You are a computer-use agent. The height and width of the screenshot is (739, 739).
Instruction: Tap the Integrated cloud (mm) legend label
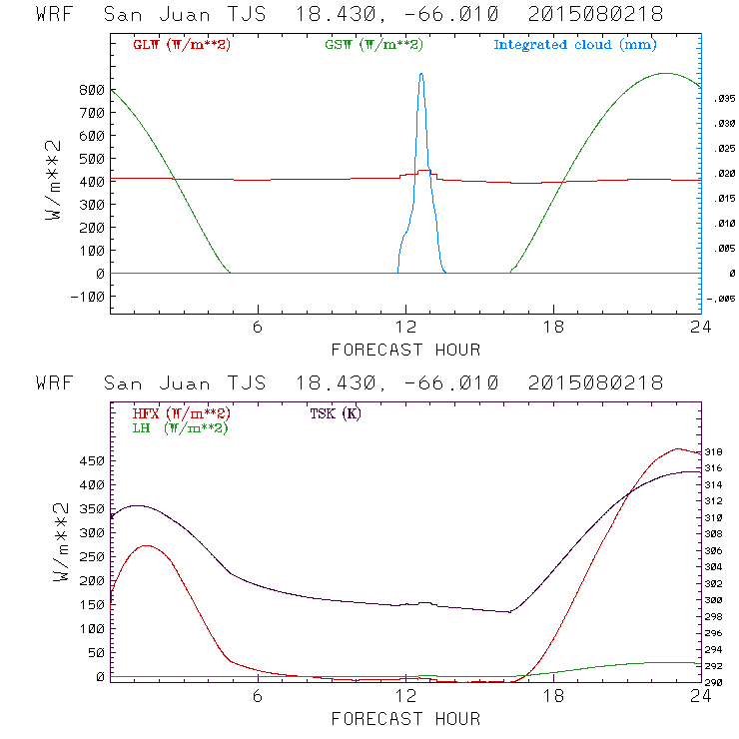[575, 45]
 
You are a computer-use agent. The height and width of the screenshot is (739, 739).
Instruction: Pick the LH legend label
[181, 427]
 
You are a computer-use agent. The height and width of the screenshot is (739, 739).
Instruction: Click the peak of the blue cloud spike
[421, 74]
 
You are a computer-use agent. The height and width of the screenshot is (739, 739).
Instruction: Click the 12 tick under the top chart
[406, 329]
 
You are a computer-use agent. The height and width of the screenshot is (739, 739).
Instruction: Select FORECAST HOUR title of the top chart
[405, 350]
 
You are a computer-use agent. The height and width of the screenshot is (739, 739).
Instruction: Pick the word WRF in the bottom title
[54, 383]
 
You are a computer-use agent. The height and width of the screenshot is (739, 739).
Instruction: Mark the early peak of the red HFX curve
[148, 545]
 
